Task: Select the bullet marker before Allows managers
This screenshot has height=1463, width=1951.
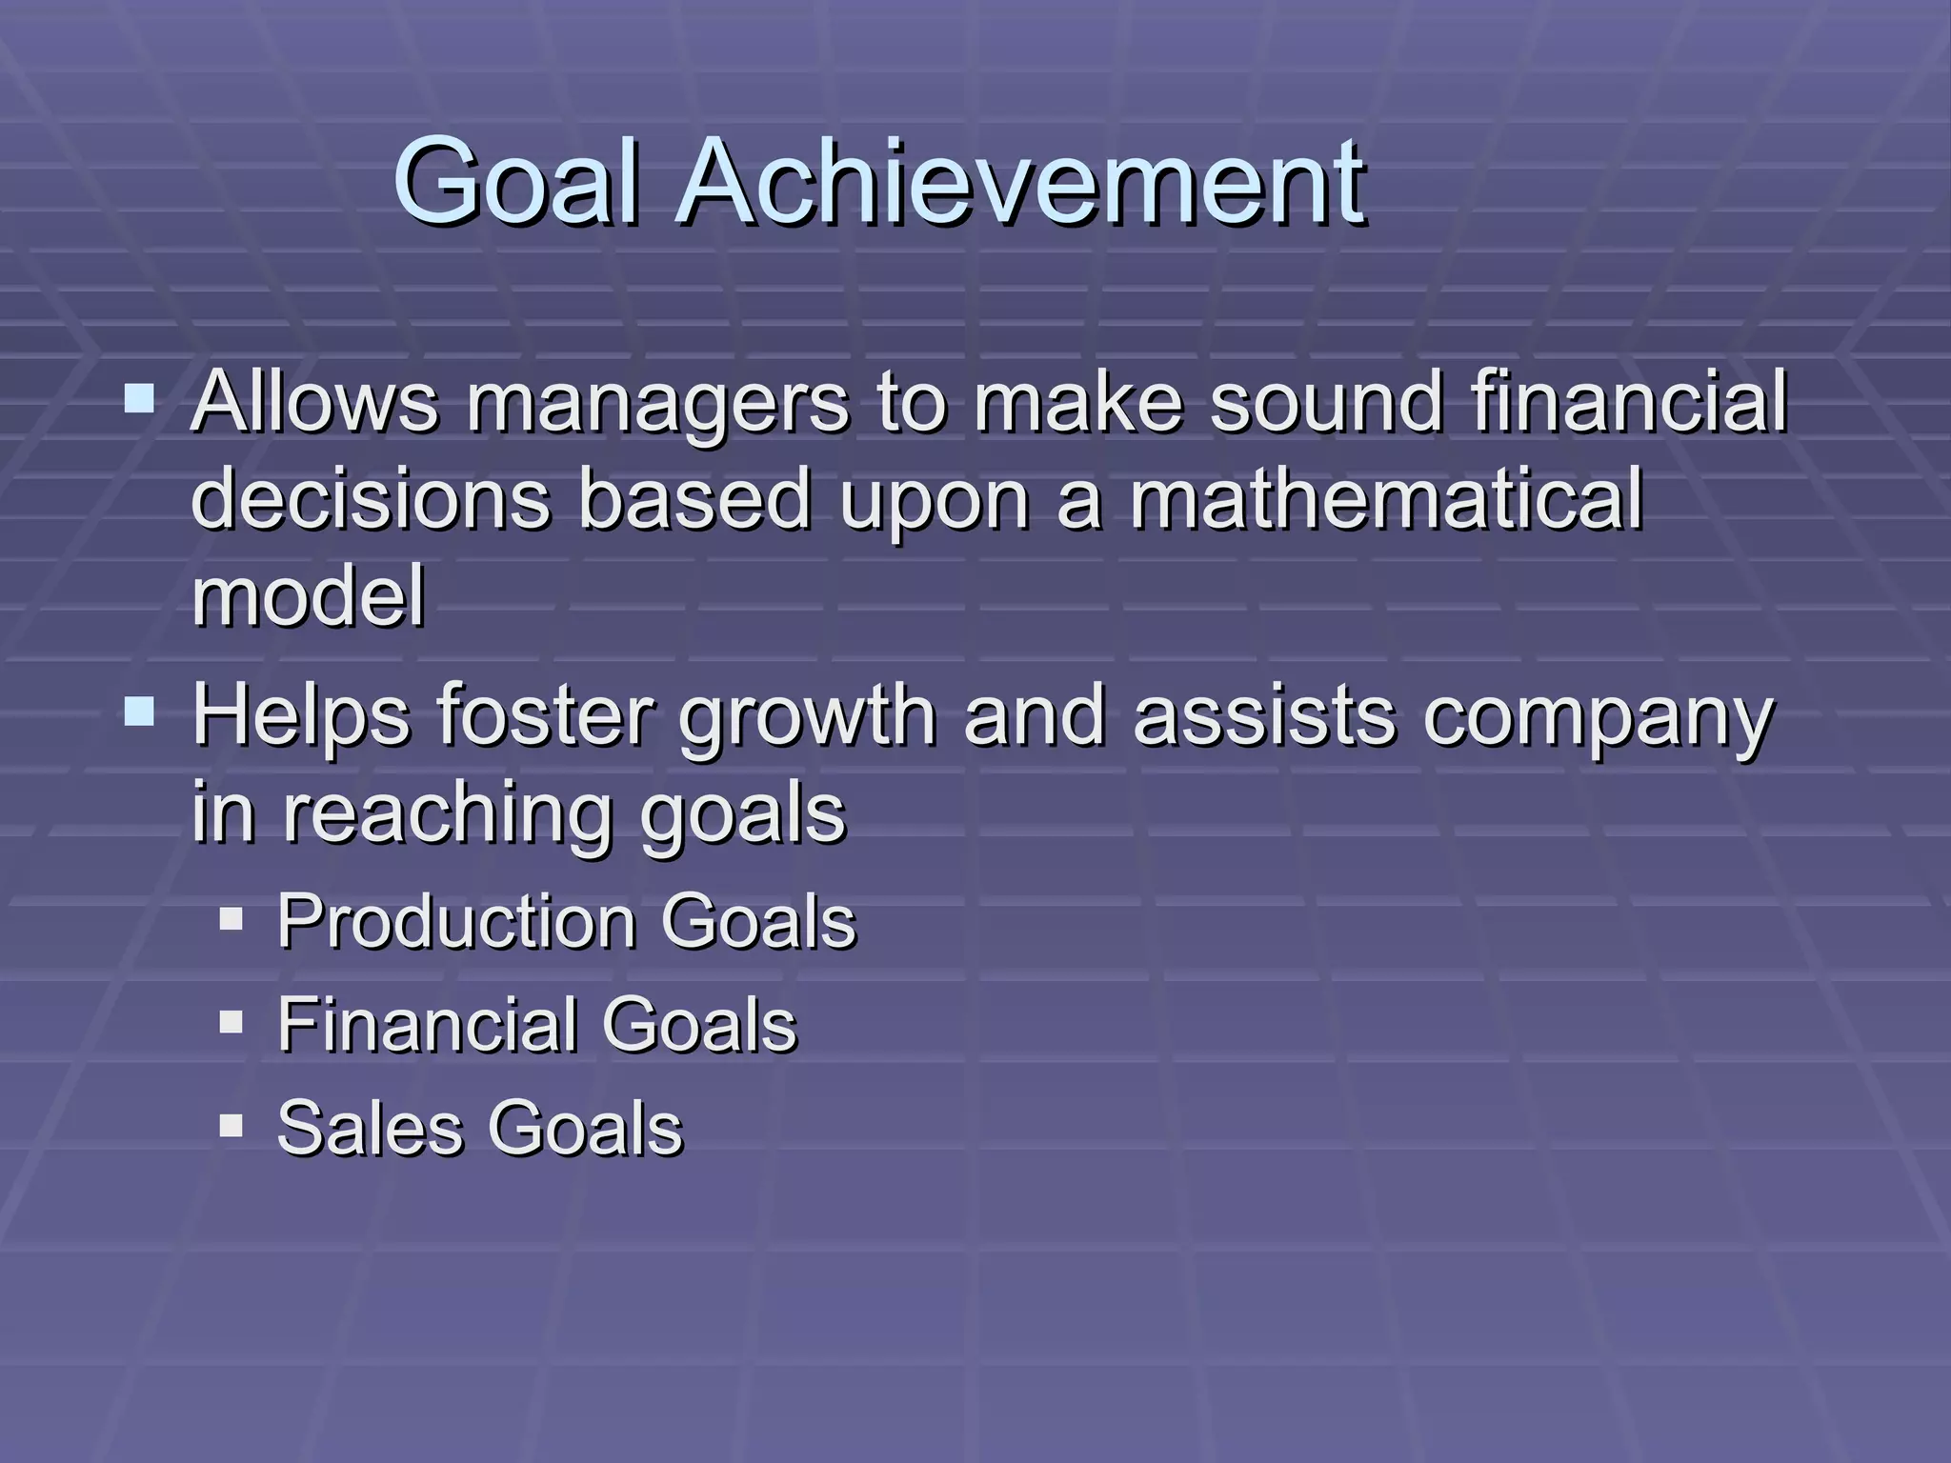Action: [x=139, y=397]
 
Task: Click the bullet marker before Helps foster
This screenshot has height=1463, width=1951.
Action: [x=139, y=711]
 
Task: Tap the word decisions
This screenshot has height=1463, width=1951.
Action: [x=371, y=499]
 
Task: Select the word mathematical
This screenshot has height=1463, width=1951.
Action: [x=1386, y=499]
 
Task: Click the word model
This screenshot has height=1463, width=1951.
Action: [x=308, y=596]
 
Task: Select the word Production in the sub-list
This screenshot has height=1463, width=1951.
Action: [x=456, y=922]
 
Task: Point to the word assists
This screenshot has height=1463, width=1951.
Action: [x=1263, y=716]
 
